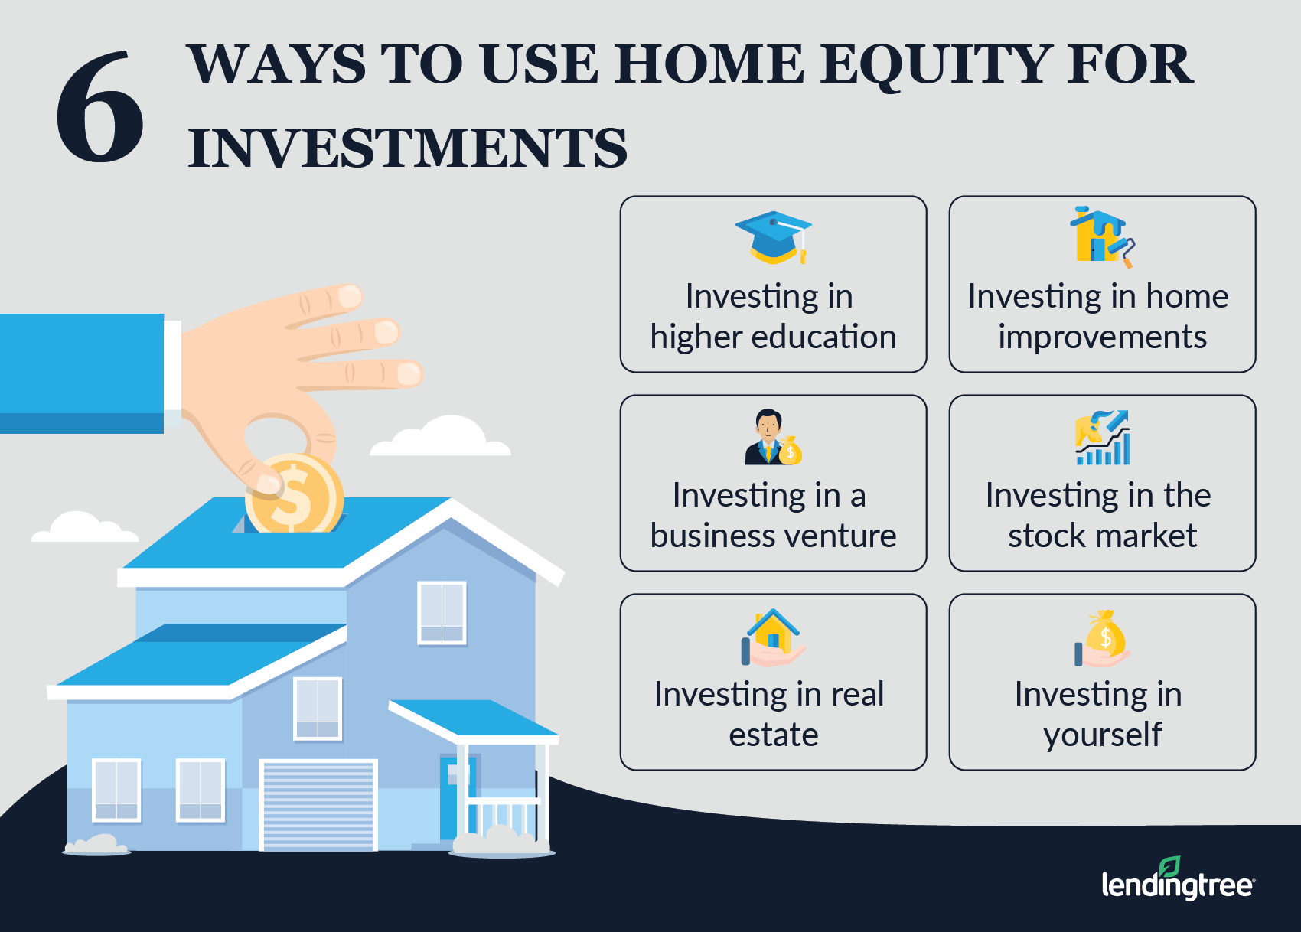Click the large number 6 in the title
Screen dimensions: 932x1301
tap(99, 107)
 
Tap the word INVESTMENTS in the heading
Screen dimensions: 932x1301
tap(407, 148)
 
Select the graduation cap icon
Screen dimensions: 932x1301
tap(774, 237)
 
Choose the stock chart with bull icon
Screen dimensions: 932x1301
tap(1103, 438)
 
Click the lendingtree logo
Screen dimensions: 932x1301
tap(1177, 881)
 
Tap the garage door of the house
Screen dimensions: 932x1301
tap(318, 805)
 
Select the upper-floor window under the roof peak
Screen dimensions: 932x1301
tap(442, 612)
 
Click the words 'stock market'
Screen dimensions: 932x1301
tap(1102, 536)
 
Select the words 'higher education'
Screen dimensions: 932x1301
tap(773, 337)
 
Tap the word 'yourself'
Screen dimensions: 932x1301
tap(1102, 735)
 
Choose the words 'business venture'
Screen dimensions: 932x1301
tap(773, 536)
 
